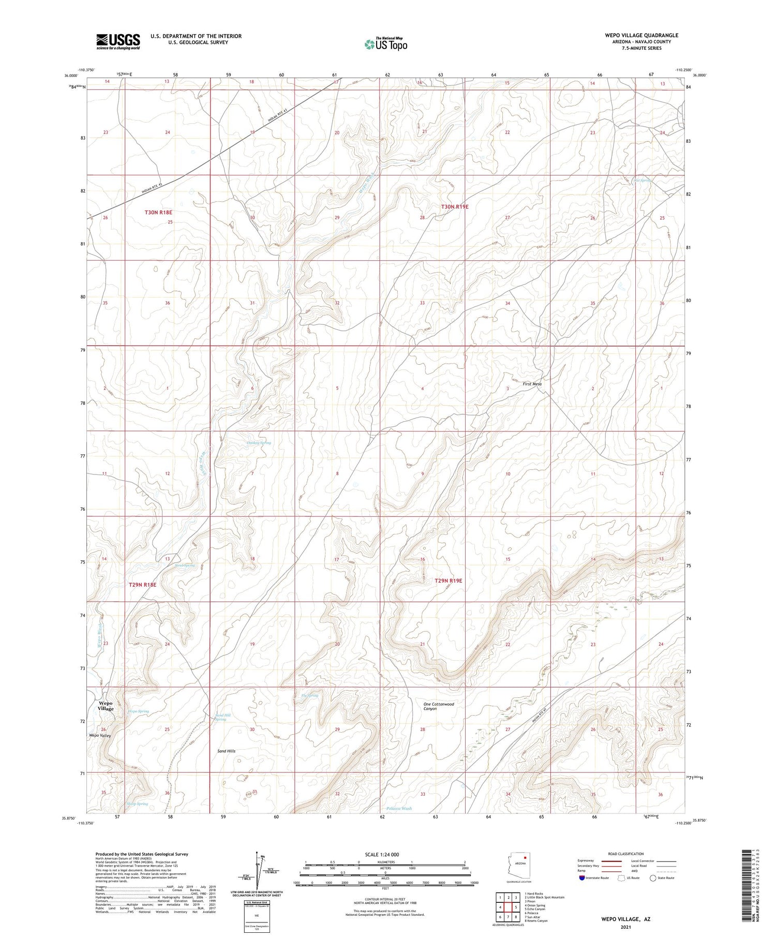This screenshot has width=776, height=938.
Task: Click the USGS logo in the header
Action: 118,41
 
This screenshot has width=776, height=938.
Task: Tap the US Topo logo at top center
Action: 385,44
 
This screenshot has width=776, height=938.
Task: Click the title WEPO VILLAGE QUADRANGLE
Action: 641,35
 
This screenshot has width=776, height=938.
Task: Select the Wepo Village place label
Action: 106,706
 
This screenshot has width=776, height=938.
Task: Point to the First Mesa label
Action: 532,384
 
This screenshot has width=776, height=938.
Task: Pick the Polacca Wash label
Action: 399,808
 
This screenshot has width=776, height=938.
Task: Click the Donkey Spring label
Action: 258,443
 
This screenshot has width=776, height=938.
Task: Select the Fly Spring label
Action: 309,695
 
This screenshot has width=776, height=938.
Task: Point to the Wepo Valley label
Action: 100,735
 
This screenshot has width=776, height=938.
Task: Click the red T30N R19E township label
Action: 454,206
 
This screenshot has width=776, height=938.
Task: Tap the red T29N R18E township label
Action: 142,585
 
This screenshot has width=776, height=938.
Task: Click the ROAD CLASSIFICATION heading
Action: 626,854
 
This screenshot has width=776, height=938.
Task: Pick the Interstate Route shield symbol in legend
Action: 582,878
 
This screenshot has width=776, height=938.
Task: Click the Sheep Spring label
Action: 137,803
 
